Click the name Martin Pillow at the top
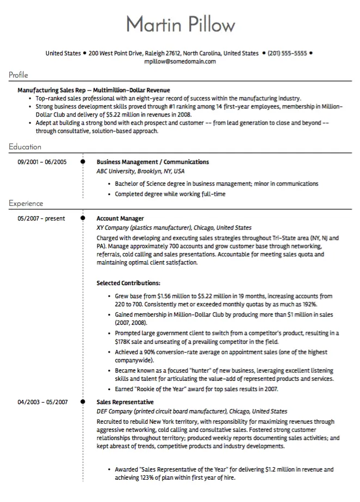click(x=181, y=24)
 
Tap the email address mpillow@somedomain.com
click(x=180, y=61)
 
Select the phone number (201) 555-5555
click(x=288, y=53)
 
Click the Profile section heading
click(x=18, y=75)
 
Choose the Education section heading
click(x=24, y=147)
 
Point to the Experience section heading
click(x=26, y=204)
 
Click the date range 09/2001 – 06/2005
click(x=42, y=162)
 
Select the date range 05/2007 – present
click(x=41, y=218)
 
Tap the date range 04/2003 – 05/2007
click(x=42, y=402)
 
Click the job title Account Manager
click(x=120, y=218)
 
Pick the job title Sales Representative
click(x=125, y=402)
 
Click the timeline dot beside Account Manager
click(x=83, y=218)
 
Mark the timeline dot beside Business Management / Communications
click(x=83, y=161)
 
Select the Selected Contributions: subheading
click(x=128, y=283)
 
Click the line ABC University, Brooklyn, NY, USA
click(x=140, y=171)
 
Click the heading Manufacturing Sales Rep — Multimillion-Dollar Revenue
click(x=94, y=90)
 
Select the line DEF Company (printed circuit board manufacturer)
click(x=162, y=411)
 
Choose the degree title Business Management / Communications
click(x=152, y=162)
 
